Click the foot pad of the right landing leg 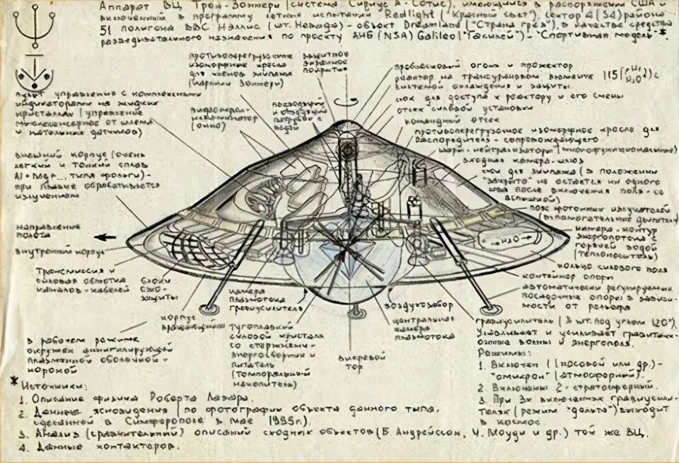(x=487, y=309)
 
